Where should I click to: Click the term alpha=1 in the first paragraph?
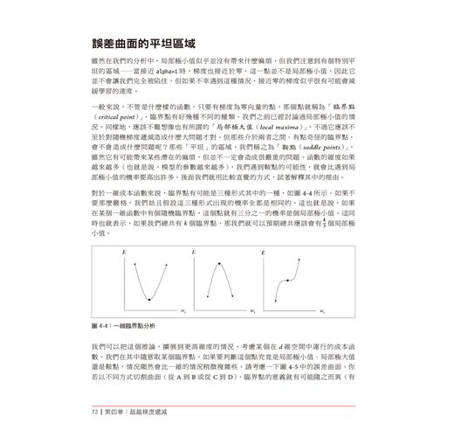click(187, 77)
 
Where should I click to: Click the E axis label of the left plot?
click(124, 253)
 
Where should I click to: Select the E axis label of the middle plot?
click(194, 253)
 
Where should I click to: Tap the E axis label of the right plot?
click(264, 253)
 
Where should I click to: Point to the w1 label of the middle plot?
click(253, 312)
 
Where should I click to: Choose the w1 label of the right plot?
click(321, 312)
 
